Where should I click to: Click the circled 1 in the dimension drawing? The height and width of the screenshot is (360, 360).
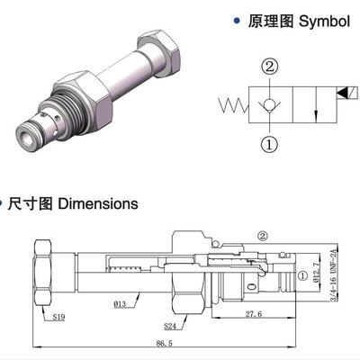[302, 275]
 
